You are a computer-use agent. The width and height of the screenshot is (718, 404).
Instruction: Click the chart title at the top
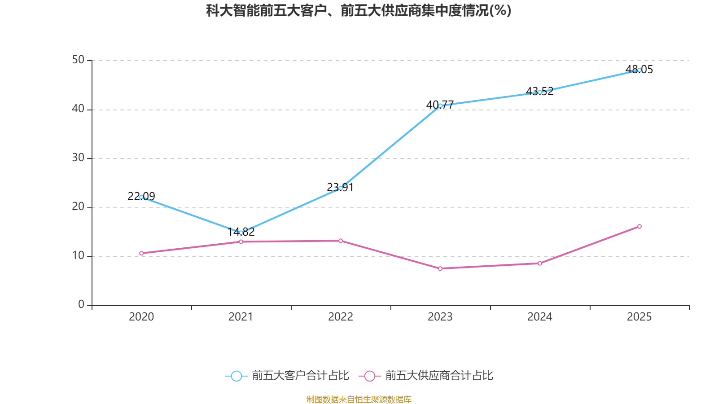pyautogui.click(x=359, y=10)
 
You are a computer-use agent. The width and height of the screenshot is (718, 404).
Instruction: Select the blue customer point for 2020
pyautogui.click(x=141, y=197)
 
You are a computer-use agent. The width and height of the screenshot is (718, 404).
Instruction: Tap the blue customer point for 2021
pyautogui.click(x=241, y=233)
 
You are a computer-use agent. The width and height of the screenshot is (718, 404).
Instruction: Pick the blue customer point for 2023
pyautogui.click(x=440, y=106)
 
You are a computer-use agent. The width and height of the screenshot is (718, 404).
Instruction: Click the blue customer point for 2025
pyautogui.click(x=639, y=70)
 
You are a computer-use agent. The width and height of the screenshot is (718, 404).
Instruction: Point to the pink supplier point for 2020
pyautogui.click(x=141, y=253)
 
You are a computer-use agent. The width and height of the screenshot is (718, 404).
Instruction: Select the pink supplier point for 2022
pyautogui.click(x=341, y=241)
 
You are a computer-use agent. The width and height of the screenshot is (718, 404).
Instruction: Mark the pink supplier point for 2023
pyautogui.click(x=440, y=268)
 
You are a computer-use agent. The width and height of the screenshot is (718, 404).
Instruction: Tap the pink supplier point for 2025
pyautogui.click(x=639, y=227)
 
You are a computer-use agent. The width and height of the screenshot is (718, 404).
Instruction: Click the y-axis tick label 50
pyautogui.click(x=78, y=60)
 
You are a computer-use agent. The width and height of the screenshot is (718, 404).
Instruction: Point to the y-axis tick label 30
pyautogui.click(x=78, y=158)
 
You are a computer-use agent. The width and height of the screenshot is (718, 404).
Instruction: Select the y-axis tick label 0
pyautogui.click(x=81, y=304)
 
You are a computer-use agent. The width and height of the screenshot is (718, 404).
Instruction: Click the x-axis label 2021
pyautogui.click(x=241, y=317)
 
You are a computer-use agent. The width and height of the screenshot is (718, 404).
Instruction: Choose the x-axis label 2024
pyautogui.click(x=540, y=317)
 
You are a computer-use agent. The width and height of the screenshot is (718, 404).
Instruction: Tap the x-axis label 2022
pyautogui.click(x=341, y=317)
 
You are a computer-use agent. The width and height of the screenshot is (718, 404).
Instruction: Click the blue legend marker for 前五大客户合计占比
pyautogui.click(x=236, y=376)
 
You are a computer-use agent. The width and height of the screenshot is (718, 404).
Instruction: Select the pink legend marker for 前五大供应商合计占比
pyautogui.click(x=369, y=376)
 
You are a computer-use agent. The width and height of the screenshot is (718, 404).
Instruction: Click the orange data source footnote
pyautogui.click(x=359, y=399)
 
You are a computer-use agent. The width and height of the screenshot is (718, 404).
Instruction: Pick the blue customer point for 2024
pyautogui.click(x=540, y=92)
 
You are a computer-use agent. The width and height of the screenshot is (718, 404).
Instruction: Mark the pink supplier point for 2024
pyautogui.click(x=540, y=263)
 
